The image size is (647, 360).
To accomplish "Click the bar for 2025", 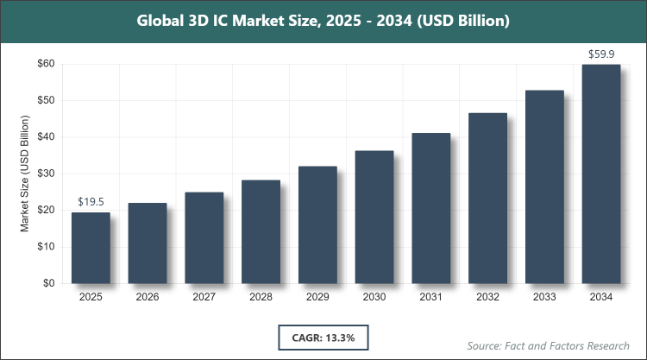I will (x=91, y=248).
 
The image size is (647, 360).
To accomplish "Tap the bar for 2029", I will (x=317, y=224).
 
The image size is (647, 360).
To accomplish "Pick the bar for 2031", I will (x=431, y=208).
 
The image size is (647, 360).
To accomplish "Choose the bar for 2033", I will (x=544, y=186).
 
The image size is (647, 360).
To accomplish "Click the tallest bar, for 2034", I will (x=601, y=174).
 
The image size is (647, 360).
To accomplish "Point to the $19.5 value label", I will (x=91, y=202).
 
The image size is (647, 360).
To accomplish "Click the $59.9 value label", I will (x=601, y=54).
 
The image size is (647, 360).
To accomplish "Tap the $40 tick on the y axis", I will (x=46, y=137).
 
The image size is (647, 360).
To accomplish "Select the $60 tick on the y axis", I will (x=46, y=64).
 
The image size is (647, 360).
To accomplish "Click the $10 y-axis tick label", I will (x=46, y=247).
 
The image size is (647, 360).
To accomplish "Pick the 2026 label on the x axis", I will (x=148, y=297).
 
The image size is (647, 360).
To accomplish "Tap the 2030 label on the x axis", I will (x=374, y=297).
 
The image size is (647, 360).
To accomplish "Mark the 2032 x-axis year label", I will (x=487, y=297).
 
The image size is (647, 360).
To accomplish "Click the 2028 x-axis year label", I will (x=261, y=297).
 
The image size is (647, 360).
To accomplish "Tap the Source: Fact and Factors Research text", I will (x=549, y=345).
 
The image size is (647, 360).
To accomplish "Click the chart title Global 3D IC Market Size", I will (x=323, y=19).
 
